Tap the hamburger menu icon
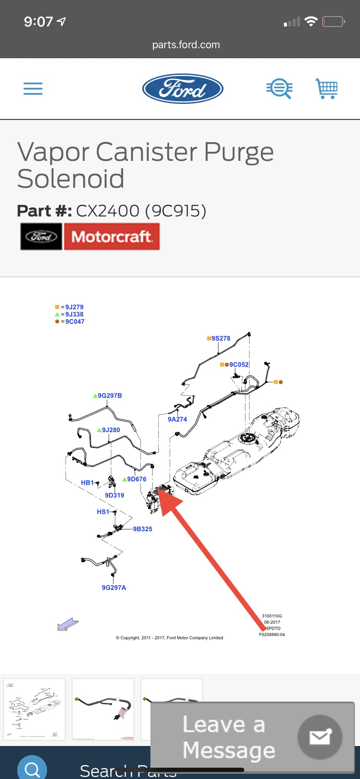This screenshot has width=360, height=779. click(x=33, y=89)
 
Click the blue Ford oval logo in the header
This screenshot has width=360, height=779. click(x=183, y=89)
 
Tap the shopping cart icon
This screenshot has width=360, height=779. click(x=327, y=89)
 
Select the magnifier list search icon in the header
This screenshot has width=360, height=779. click(x=279, y=89)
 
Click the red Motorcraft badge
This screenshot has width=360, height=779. click(x=112, y=236)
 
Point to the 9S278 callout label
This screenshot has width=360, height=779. click(x=220, y=338)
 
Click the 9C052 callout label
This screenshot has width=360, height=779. click(x=239, y=365)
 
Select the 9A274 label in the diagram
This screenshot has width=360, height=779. click(x=177, y=419)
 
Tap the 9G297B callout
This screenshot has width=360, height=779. click(x=110, y=396)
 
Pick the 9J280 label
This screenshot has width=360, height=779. click(x=111, y=430)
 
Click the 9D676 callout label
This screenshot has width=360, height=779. click(x=137, y=479)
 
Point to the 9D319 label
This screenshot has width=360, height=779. click(x=114, y=495)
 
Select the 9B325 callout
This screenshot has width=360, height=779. click(x=143, y=529)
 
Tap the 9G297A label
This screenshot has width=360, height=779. click(x=114, y=588)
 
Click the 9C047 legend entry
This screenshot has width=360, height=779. click(x=74, y=322)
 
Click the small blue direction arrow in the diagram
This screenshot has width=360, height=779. click(x=68, y=625)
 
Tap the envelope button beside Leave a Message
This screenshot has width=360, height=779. click(x=320, y=737)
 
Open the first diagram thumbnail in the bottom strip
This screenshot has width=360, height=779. click(x=34, y=709)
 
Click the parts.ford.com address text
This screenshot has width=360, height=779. click(x=186, y=45)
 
